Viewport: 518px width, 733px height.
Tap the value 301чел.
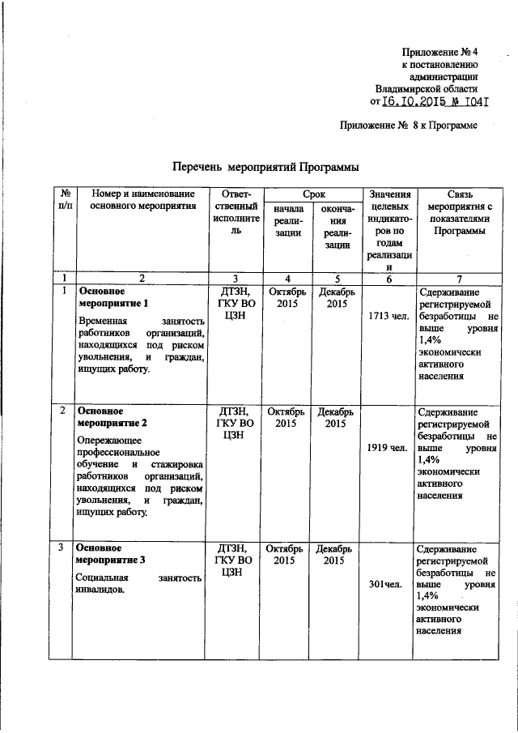point(388,584)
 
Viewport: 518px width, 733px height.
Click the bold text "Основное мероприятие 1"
point(113,298)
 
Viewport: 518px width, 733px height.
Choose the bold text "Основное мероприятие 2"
point(113,417)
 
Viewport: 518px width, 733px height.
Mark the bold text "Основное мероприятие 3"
point(113,554)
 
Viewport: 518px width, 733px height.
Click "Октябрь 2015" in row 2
point(284,417)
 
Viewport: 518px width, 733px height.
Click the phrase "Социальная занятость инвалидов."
point(139,583)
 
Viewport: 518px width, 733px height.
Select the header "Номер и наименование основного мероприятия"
point(143,201)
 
